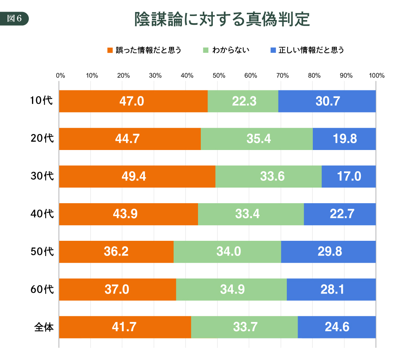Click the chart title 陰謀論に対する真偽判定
coord(222,19)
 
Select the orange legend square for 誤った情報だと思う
coord(110,50)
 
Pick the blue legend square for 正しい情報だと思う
coord(273,50)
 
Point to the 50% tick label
coord(218,75)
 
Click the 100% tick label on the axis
coord(376,75)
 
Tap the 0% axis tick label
coord(60,75)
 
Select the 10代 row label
coord(42,101)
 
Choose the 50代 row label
coord(42,252)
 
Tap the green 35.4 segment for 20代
coord(256,139)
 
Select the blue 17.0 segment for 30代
coord(349,176)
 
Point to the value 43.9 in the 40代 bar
coord(125,214)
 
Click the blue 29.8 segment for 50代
coord(328,252)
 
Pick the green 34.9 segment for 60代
coord(231,289)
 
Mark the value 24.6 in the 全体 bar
coord(337,327)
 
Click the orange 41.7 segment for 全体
coord(125,327)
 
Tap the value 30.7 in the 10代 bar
coord(327,101)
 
